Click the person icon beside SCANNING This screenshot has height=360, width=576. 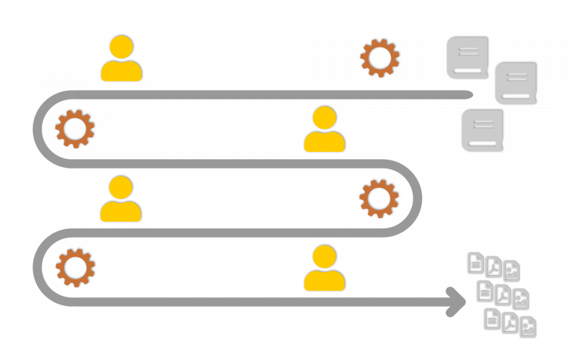pyautogui.click(x=121, y=59)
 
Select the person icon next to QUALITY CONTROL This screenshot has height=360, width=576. pyautogui.click(x=324, y=130)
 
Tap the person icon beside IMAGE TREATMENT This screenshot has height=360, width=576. pyautogui.click(x=120, y=199)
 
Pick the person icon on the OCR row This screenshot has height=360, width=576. pyautogui.click(x=324, y=269)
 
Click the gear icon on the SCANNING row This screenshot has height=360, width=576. pyautogui.click(x=379, y=58)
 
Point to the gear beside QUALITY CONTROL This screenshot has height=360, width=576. pyautogui.click(x=74, y=129)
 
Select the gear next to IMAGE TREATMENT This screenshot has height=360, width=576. pyautogui.click(x=379, y=199)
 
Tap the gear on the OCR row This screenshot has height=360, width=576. pyautogui.click(x=75, y=268)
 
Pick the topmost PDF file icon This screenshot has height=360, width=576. pyautogui.click(x=493, y=267)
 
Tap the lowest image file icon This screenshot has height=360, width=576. pyautogui.click(x=527, y=328)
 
